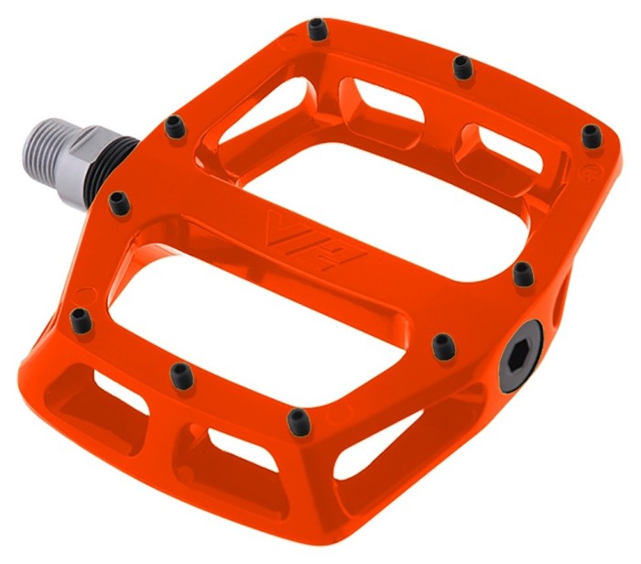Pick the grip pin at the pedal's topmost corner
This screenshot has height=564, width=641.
(318, 31)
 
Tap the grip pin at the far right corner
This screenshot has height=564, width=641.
(592, 136)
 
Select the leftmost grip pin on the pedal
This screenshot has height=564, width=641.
(80, 317)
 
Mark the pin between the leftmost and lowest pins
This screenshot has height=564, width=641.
(180, 373)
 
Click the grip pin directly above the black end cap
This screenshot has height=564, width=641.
(523, 273)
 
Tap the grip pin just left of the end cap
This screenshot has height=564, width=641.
(443, 345)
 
